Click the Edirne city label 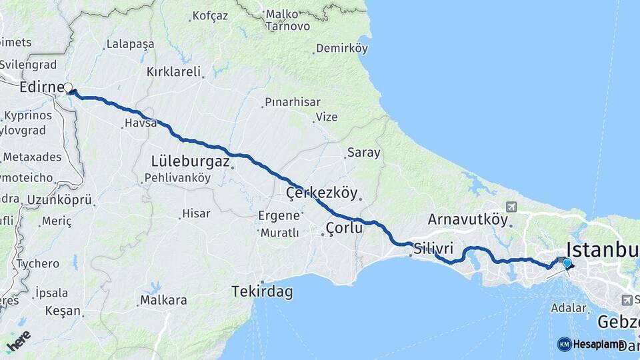[x=40, y=87]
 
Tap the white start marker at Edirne [x=68, y=87]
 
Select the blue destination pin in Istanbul [x=567, y=263]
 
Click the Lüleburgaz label [x=191, y=161]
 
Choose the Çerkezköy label [x=319, y=193]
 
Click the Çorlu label [x=344, y=228]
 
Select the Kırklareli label [x=174, y=72]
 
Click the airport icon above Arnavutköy [x=511, y=207]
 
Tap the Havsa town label [x=140, y=123]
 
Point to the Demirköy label [x=342, y=48]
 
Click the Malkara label [x=163, y=300]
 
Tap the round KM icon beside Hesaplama [x=564, y=344]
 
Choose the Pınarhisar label [x=292, y=102]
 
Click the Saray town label [x=363, y=153]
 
